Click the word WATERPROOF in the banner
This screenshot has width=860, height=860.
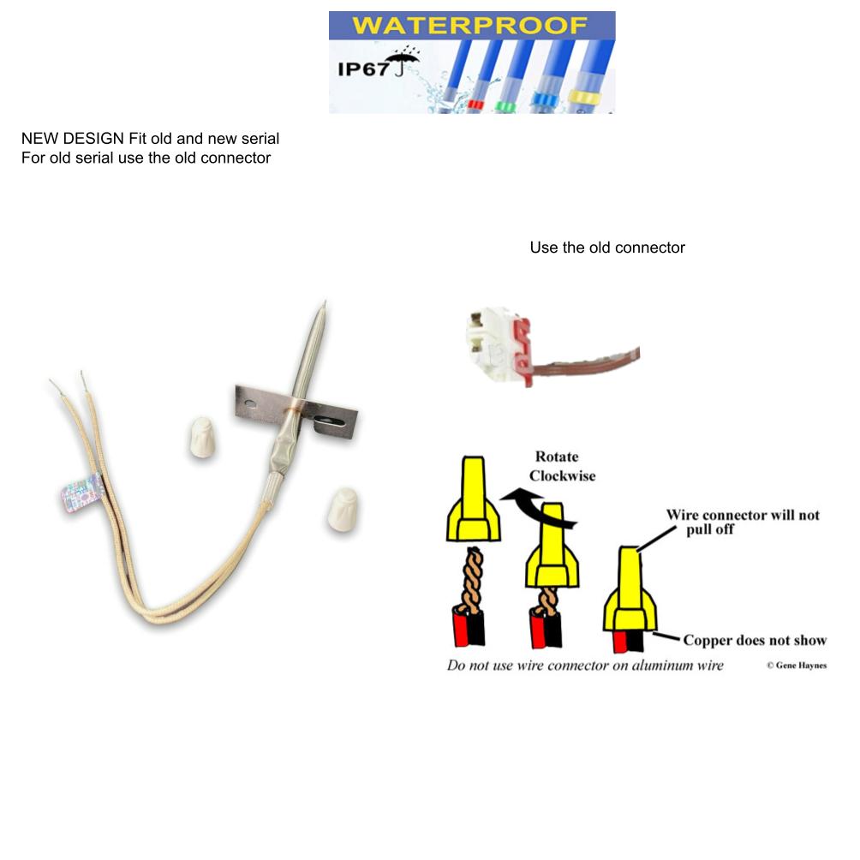(469, 25)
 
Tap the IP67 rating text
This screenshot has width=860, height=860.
(364, 69)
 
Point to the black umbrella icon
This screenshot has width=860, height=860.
(403, 62)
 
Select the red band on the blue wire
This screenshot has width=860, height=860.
(475, 105)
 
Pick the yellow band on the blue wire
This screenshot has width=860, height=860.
(585, 99)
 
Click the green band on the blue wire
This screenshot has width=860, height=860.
(505, 106)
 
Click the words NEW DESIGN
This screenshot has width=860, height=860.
(73, 138)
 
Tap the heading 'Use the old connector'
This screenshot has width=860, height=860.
(607, 248)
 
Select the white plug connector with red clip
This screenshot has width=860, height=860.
(499, 345)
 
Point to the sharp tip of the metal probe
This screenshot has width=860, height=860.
(325, 302)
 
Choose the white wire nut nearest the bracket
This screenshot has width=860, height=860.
(202, 437)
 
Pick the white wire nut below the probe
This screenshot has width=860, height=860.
(343, 510)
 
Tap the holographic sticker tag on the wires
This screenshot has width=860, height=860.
(82, 493)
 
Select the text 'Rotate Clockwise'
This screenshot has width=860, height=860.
(562, 466)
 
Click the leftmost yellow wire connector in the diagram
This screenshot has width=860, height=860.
(474, 499)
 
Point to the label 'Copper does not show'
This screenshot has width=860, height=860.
(755, 640)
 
